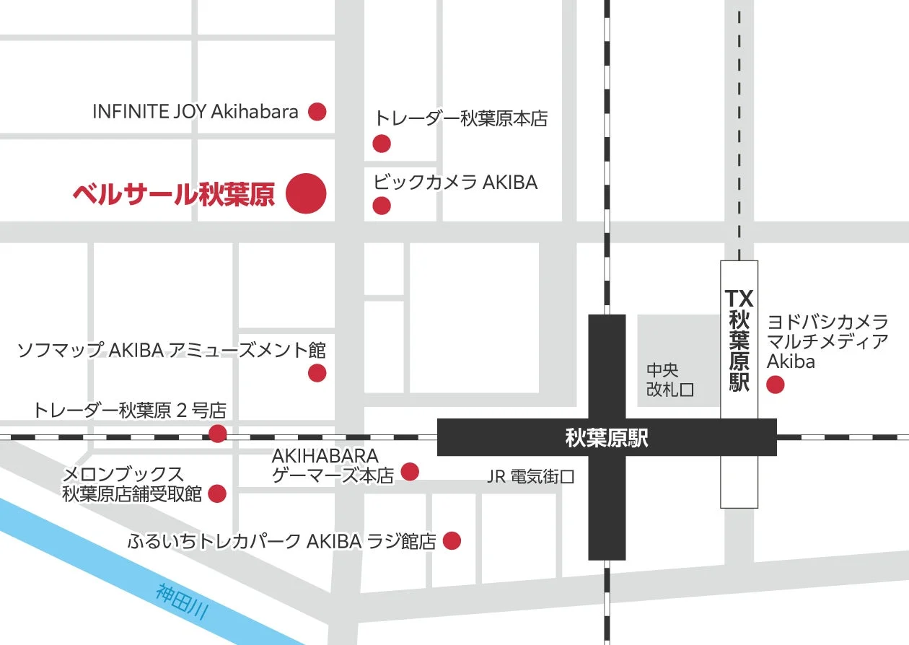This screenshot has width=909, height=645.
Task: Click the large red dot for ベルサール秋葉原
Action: tap(306, 193)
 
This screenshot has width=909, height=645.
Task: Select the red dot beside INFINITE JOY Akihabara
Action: tap(317, 112)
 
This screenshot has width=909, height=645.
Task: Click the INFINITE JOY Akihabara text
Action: tap(196, 112)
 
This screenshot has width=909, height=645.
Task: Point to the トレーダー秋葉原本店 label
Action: tap(461, 118)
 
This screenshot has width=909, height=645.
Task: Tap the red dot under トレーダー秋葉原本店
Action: tap(382, 144)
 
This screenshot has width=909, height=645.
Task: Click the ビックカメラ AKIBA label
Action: tap(455, 183)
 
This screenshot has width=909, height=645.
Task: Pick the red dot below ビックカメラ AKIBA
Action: tap(382, 206)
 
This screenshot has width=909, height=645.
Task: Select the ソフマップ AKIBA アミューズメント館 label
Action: tap(172, 351)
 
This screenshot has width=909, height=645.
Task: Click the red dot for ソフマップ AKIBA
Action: tap(317, 373)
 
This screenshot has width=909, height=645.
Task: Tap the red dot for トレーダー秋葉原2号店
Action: tap(217, 434)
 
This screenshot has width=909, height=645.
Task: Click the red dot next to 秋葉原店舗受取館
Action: tap(216, 494)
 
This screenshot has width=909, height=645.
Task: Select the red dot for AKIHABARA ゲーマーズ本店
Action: tap(410, 472)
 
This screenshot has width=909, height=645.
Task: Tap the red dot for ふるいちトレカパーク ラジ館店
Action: tap(452, 540)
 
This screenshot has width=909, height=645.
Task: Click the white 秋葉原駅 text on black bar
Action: tap(607, 438)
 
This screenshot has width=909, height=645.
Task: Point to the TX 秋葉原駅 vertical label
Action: tap(739, 340)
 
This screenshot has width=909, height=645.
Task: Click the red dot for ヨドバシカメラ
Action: tap(776, 385)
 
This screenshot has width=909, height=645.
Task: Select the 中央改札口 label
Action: tap(669, 379)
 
